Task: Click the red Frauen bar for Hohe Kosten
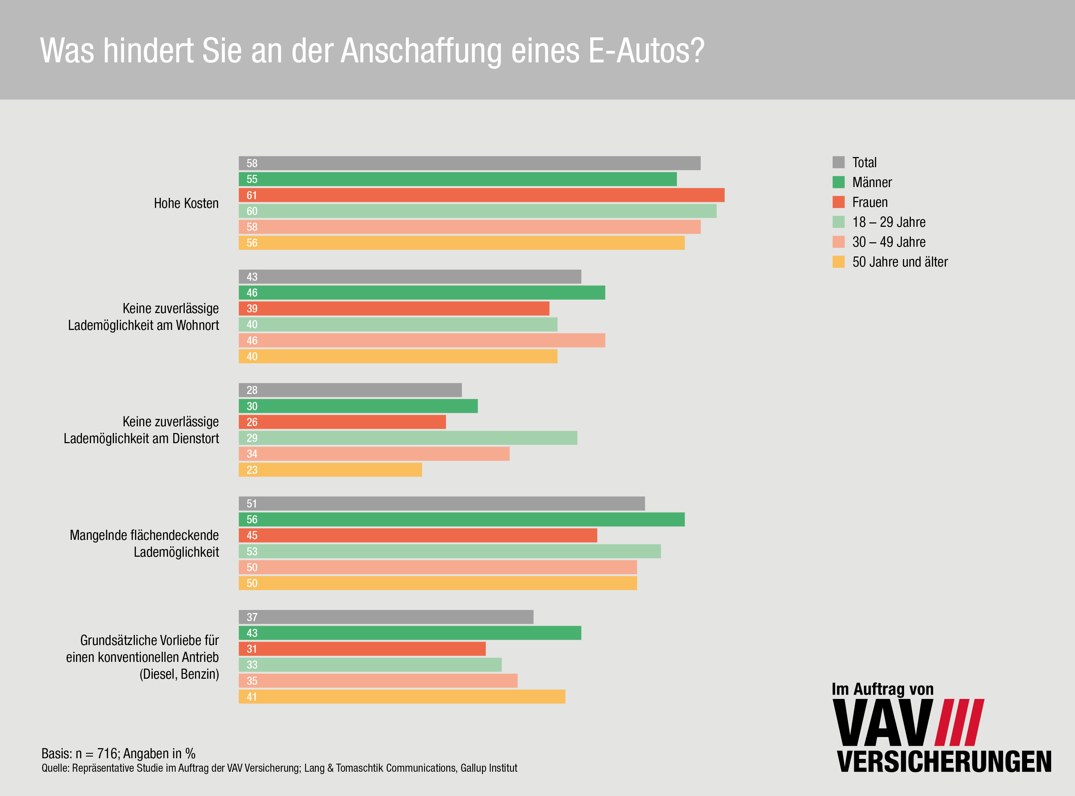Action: coord(482,195)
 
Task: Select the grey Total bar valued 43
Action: coord(410,277)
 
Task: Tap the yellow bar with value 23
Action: coord(330,470)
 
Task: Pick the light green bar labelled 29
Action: coord(408,438)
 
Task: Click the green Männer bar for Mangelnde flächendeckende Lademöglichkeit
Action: coord(461,519)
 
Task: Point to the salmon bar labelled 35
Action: coord(378,681)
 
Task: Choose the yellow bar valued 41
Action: coord(402,697)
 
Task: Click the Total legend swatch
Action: coord(838,162)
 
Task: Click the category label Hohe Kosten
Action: coord(186,203)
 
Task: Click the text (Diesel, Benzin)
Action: coord(179,674)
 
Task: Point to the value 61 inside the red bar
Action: coord(251,195)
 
